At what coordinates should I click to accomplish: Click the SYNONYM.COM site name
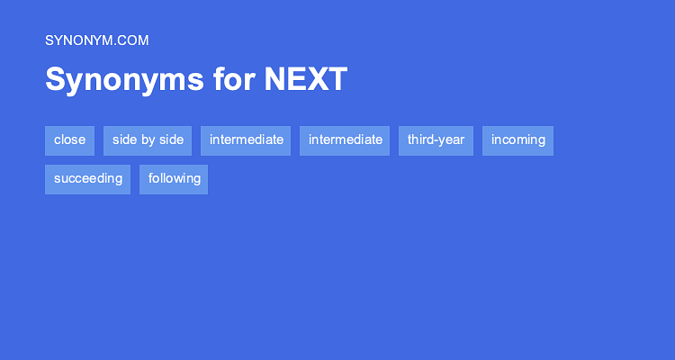(x=96, y=40)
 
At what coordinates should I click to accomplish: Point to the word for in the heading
(x=234, y=80)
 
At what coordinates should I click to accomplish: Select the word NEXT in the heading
(x=305, y=80)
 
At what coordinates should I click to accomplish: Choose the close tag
(x=69, y=139)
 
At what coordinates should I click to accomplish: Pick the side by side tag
(x=148, y=139)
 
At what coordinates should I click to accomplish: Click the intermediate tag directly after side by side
(x=247, y=139)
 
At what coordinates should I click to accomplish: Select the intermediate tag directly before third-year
(x=345, y=139)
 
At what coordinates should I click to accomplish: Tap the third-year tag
(x=436, y=139)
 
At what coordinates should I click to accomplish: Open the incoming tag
(x=517, y=139)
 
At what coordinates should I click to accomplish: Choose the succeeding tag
(x=87, y=178)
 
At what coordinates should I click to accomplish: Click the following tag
(x=174, y=178)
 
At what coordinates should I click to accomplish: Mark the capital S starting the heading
(x=54, y=80)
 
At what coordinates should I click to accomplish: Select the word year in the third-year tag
(x=450, y=139)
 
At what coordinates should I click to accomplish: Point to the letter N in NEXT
(x=274, y=80)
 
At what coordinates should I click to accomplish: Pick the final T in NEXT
(x=337, y=80)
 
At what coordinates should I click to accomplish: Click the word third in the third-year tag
(x=419, y=139)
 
